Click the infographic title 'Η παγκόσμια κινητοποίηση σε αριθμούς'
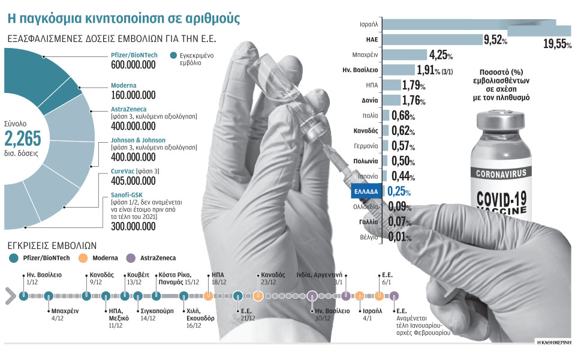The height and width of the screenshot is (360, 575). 123,17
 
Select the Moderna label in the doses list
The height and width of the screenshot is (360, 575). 124,86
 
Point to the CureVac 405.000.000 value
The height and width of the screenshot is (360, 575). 134,181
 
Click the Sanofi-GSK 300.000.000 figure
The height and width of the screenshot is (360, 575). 134,227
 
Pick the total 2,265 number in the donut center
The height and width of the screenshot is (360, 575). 23,139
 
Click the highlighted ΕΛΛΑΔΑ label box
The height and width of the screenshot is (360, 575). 364,192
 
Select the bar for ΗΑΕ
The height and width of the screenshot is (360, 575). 432,40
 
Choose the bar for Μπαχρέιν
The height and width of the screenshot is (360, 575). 404,55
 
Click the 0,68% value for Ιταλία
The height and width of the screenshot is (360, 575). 404,115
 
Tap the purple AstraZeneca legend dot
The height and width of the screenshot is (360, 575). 130,258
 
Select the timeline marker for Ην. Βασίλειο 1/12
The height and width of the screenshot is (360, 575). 23,295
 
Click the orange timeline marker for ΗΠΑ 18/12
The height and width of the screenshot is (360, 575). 208,295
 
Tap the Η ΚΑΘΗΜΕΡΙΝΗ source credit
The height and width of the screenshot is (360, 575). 552,341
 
